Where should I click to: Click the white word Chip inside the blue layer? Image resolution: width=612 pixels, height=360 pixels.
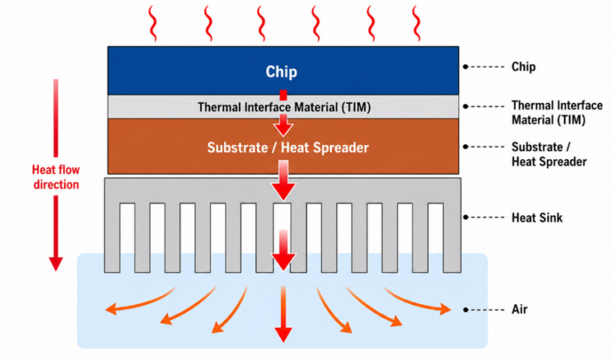(282, 72)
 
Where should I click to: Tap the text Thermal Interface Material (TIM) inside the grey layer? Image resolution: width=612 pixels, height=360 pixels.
(284, 107)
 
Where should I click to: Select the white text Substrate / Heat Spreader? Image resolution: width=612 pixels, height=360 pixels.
(288, 148)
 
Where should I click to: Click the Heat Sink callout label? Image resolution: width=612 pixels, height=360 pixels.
(537, 218)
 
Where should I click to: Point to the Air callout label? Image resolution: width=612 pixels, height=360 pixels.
(520, 309)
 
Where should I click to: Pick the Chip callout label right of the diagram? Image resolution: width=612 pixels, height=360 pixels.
(524, 67)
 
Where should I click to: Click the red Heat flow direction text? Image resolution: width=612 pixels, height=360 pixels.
(56, 177)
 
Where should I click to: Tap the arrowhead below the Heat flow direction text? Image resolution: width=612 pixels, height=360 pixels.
(56, 264)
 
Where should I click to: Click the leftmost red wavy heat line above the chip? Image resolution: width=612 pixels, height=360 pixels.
(152, 23)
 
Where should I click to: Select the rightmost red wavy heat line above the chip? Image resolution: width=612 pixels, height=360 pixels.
(416, 23)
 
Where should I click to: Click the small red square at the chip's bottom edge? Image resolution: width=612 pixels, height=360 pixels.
(284, 95)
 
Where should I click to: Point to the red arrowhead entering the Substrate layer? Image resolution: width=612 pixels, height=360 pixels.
(284, 129)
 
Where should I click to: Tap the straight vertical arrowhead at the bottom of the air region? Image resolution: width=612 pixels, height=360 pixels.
(284, 335)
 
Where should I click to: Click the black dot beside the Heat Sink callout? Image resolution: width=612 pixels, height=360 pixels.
(465, 217)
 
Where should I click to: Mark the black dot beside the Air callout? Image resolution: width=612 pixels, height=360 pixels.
(465, 310)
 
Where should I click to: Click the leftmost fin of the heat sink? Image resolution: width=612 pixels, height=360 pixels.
(112, 238)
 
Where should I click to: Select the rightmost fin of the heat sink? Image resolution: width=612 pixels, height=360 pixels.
(452, 238)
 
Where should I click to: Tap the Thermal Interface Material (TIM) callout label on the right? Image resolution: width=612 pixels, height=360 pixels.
(557, 112)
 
